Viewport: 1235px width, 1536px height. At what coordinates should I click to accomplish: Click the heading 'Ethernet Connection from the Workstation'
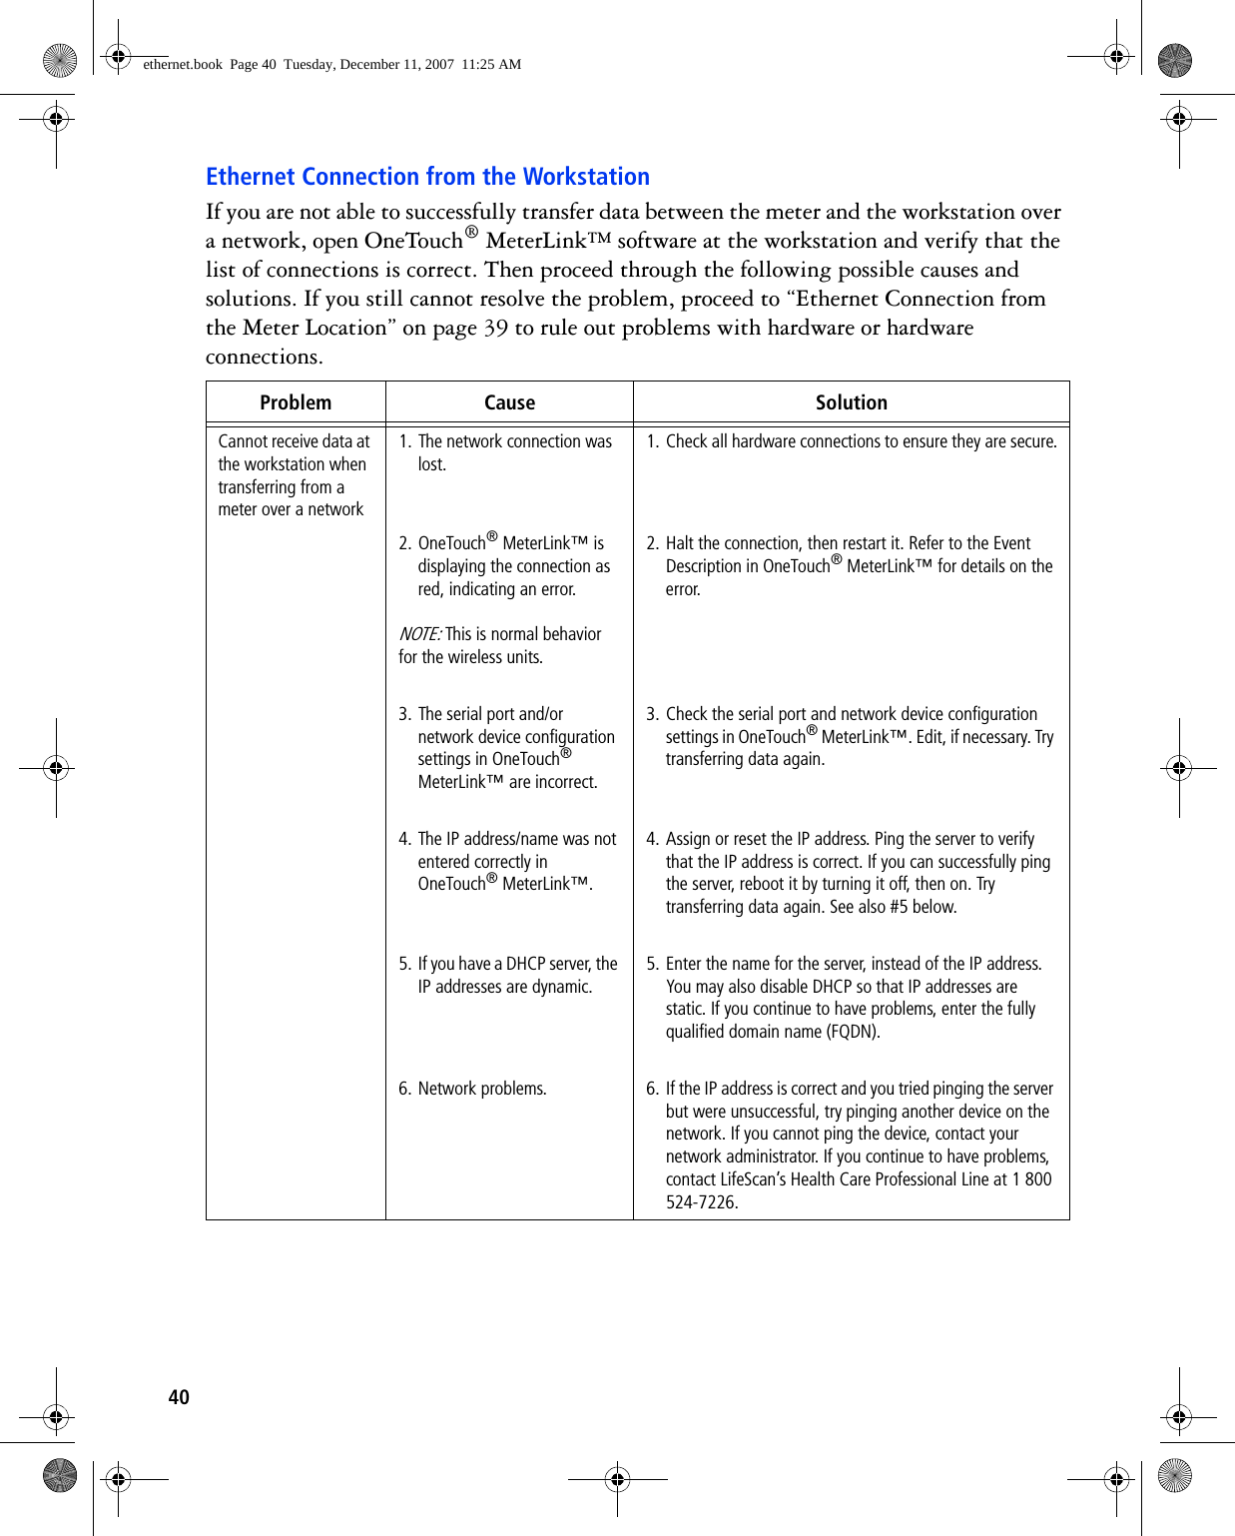tap(427, 177)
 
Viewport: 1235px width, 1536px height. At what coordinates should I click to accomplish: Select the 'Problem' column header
tap(296, 402)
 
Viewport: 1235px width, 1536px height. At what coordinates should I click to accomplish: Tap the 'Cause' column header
tap(509, 402)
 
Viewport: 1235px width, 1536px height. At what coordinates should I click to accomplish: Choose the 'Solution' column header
tap(851, 402)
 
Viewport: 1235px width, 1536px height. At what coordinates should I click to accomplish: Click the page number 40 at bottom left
tap(179, 1397)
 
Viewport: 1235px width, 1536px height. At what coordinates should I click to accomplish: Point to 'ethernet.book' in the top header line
tap(183, 64)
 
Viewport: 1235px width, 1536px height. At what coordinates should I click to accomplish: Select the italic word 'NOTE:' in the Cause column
tap(419, 634)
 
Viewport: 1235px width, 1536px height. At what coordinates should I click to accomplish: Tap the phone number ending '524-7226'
tap(702, 1202)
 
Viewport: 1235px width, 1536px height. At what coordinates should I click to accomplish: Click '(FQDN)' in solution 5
tap(854, 1032)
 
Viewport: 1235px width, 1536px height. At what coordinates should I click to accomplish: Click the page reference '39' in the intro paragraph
tap(496, 328)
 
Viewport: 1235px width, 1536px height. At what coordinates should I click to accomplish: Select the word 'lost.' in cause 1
tap(432, 464)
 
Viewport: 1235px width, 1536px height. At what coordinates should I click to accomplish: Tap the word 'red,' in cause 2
tap(431, 589)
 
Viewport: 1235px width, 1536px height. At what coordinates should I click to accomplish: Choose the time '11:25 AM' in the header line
tap(491, 64)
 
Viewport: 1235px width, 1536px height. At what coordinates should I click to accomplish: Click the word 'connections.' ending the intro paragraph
tap(264, 357)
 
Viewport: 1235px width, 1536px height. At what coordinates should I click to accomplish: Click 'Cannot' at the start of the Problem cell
tap(243, 441)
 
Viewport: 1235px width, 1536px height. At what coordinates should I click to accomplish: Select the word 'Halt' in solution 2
tap(680, 543)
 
